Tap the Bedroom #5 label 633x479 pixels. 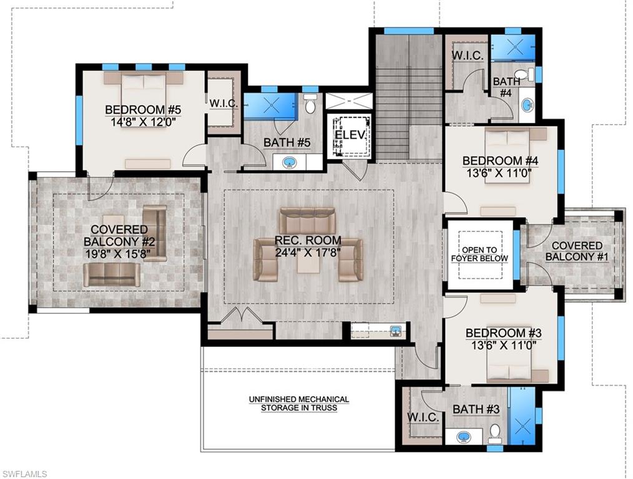click(x=143, y=110)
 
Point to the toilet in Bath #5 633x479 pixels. click(x=311, y=104)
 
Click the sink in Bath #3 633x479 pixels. click(x=464, y=437)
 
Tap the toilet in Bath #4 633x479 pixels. click(x=523, y=75)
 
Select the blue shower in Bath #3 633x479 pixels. click(x=522, y=416)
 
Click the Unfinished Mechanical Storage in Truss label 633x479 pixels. click(x=299, y=404)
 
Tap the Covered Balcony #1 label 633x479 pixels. click(x=577, y=251)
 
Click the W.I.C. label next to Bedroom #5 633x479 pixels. click(x=223, y=104)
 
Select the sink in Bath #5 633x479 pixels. click(x=290, y=163)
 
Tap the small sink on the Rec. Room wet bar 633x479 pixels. click(x=395, y=331)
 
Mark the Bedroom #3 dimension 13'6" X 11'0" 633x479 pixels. click(x=501, y=344)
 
